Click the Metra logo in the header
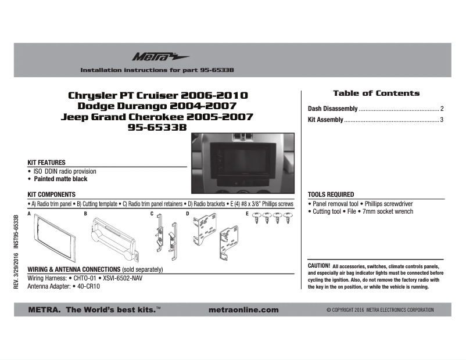152,57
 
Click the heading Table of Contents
376,93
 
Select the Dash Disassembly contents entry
332,109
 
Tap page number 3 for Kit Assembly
442,120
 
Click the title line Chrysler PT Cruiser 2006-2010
158,95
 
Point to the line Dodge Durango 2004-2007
157,106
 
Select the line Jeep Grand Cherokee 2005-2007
157,117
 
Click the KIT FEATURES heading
46,163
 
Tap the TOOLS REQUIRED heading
331,195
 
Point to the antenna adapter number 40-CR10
88,286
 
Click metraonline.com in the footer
242,310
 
